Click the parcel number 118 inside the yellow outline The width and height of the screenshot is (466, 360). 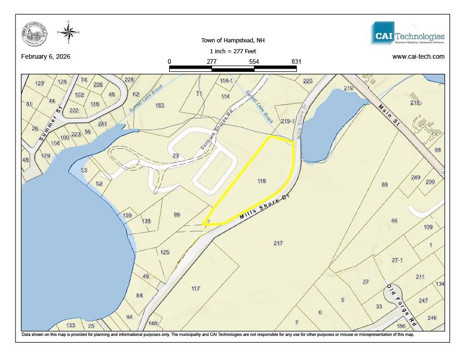[261, 181]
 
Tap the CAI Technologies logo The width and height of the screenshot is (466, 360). [408, 33]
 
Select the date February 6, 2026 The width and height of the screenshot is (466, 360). [46, 57]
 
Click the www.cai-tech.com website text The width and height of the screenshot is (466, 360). [418, 57]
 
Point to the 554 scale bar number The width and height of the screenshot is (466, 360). [254, 61]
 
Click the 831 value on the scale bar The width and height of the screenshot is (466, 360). [296, 61]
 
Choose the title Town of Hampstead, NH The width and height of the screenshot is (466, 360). [233, 41]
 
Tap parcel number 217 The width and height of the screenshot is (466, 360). [278, 243]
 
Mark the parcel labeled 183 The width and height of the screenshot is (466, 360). [159, 106]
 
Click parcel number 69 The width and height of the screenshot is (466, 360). [385, 184]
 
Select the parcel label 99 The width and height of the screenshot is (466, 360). [177, 214]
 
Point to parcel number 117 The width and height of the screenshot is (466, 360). [196, 289]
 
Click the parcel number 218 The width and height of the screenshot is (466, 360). [415, 103]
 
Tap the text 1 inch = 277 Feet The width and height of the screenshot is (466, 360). [233, 51]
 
